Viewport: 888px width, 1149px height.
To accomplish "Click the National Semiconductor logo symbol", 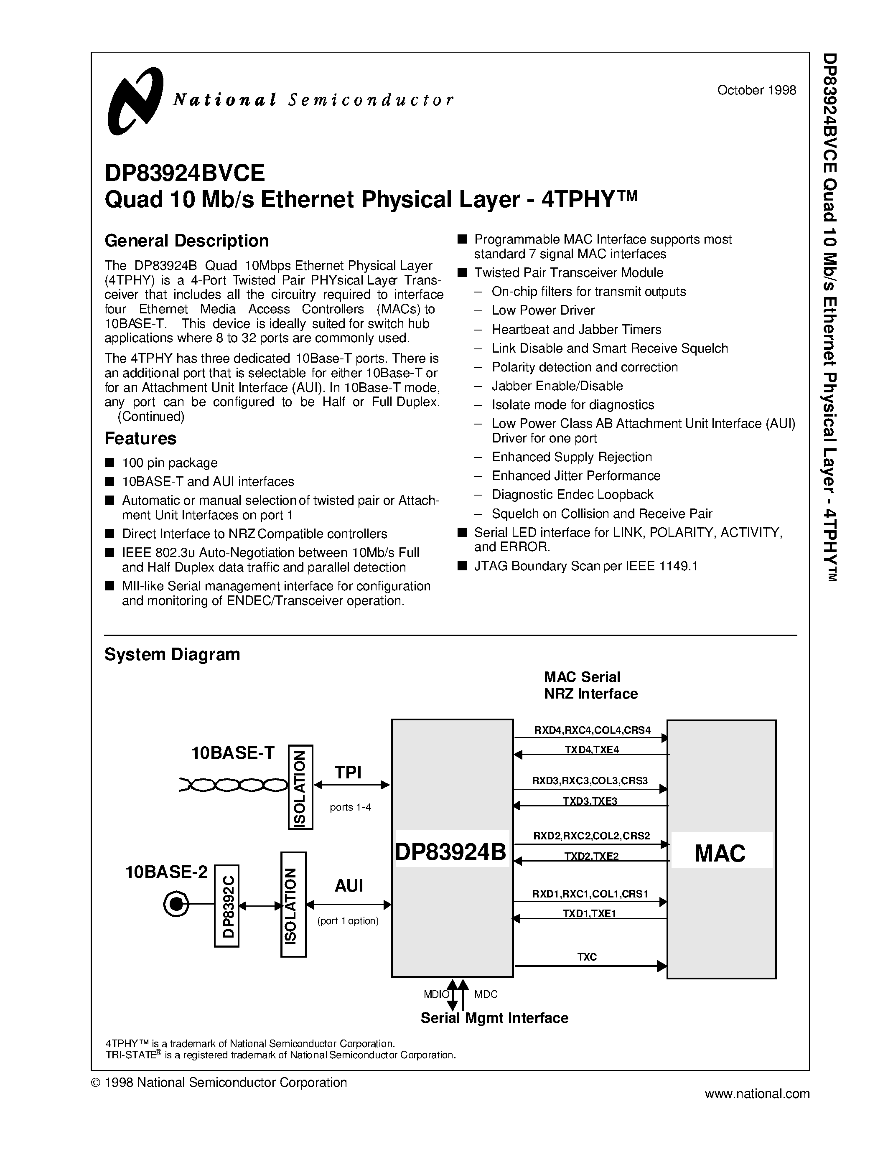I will click(x=135, y=101).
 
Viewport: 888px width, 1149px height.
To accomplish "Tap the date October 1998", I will click(x=756, y=90).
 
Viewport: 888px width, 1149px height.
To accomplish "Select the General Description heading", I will click(x=187, y=241).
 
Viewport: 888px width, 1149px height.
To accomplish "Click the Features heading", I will click(x=140, y=438).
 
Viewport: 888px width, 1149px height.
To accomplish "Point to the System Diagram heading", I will click(x=172, y=654).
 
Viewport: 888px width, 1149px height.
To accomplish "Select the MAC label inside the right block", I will click(x=720, y=853).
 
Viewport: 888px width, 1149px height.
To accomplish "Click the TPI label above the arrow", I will click(x=348, y=772).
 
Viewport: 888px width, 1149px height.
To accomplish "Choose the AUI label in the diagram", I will click(x=349, y=886).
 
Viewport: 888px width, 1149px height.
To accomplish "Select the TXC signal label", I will click(x=587, y=957).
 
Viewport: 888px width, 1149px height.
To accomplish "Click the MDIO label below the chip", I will click(x=436, y=994).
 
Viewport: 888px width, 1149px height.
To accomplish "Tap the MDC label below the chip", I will click(x=486, y=994).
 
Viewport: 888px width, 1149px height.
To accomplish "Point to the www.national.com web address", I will click(x=757, y=1094).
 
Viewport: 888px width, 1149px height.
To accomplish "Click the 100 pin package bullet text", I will click(x=169, y=463).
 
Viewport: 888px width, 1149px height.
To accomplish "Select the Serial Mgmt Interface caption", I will click(x=494, y=1018).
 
